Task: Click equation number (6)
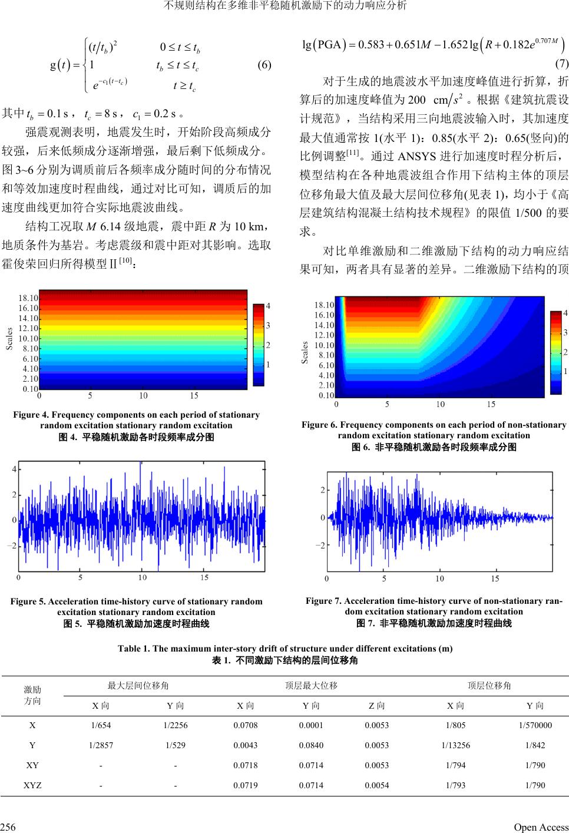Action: pyautogui.click(x=264, y=65)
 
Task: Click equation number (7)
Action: pyautogui.click(x=561, y=64)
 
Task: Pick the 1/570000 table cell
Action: pyautogui.click(x=535, y=725)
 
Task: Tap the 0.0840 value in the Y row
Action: pyautogui.click(x=310, y=745)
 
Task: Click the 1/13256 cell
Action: pyautogui.click(x=455, y=745)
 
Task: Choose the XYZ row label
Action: pyautogui.click(x=32, y=785)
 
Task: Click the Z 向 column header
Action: pyautogui.click(x=376, y=705)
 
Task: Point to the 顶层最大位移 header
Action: pyautogui.click(x=310, y=685)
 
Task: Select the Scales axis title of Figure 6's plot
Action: pyautogui.click(x=305, y=352)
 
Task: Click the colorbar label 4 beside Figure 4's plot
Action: pyautogui.click(x=268, y=306)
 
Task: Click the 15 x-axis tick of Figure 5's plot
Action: pyautogui.click(x=204, y=578)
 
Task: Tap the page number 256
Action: pyautogui.click(x=8, y=827)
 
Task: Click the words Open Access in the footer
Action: pyautogui.click(x=541, y=827)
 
